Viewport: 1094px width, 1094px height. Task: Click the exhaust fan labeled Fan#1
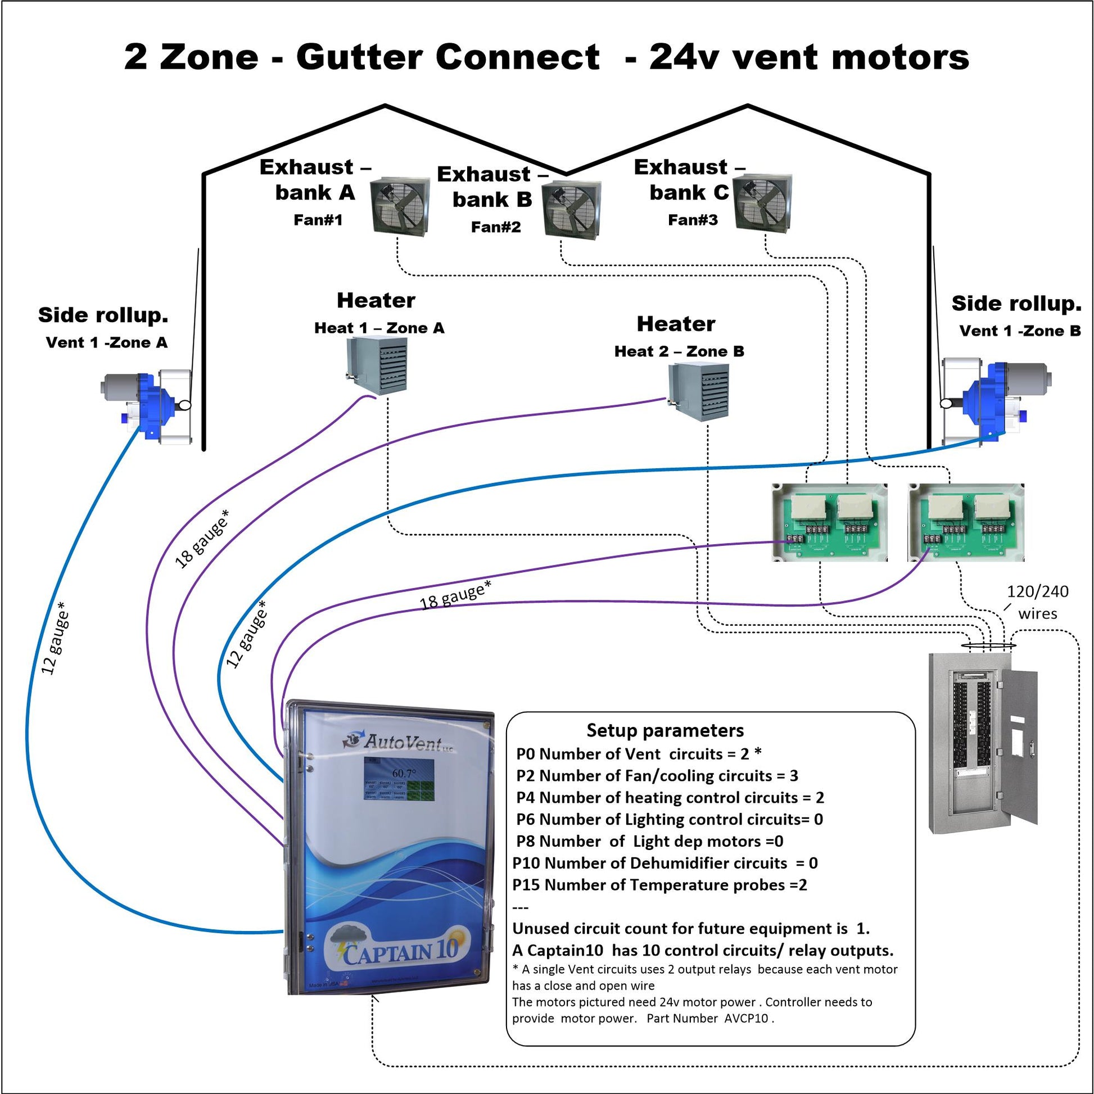pyautogui.click(x=400, y=207)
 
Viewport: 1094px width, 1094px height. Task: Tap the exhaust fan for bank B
pyautogui.click(x=571, y=211)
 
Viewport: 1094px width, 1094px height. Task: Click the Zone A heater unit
pyautogui.click(x=377, y=365)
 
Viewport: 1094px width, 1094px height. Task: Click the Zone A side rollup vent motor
pyautogui.click(x=147, y=405)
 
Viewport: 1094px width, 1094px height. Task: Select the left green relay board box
pyautogui.click(x=830, y=522)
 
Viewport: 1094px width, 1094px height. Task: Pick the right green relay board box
pyautogui.click(x=966, y=522)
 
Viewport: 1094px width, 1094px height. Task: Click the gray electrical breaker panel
pyautogui.click(x=983, y=742)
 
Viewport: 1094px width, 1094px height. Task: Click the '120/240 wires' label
pyautogui.click(x=1037, y=602)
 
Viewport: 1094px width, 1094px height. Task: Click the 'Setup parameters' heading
pyautogui.click(x=666, y=730)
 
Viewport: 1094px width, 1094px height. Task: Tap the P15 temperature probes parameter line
pyautogui.click(x=659, y=884)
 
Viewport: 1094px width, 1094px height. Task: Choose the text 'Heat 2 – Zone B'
pyautogui.click(x=679, y=352)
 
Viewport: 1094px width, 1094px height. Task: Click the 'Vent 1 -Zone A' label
pyautogui.click(x=106, y=342)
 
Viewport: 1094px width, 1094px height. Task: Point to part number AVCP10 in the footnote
pyautogui.click(x=746, y=1018)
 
